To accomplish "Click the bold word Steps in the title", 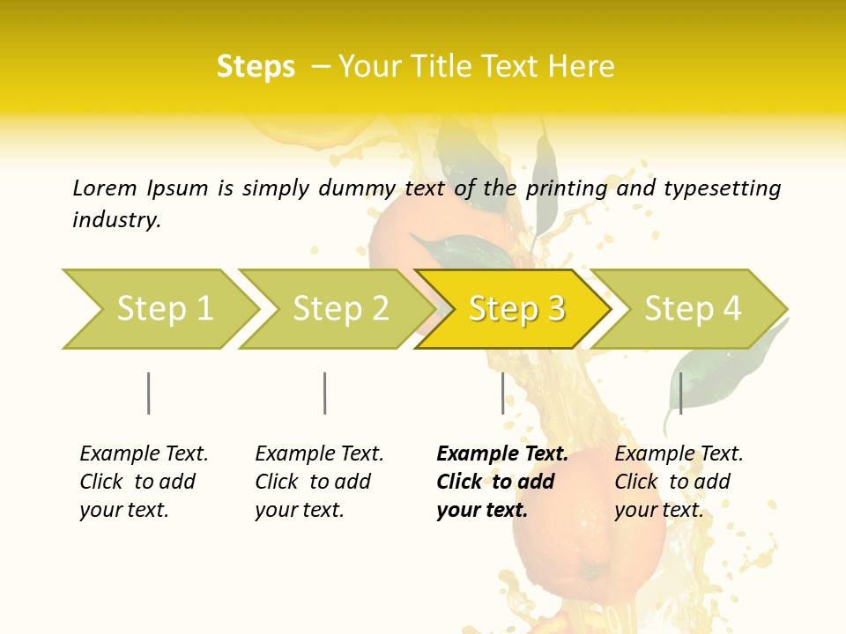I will coord(256,67).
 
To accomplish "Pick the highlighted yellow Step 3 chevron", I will coord(515,309).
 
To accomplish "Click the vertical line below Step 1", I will coord(149,393).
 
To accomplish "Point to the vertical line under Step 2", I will coord(325,393).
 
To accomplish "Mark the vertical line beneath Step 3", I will coord(503,393).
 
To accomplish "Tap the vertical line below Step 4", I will coord(680,393).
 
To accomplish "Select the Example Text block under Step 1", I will coord(144,482).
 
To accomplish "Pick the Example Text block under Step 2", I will coord(319,482).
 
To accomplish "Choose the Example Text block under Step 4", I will coord(679,482).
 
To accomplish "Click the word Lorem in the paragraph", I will coord(105,188).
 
